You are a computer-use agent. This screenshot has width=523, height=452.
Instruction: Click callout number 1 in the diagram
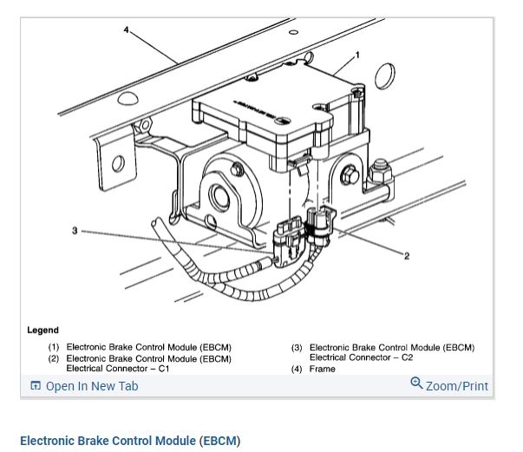click(356, 55)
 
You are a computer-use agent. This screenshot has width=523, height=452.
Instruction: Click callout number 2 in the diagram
click(406, 256)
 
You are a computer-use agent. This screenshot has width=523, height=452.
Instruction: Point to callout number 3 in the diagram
click(75, 231)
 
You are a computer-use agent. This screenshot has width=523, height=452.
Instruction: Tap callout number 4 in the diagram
click(126, 29)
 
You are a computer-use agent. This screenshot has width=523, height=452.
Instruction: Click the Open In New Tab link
click(91, 386)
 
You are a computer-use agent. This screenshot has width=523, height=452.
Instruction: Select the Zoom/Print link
click(456, 386)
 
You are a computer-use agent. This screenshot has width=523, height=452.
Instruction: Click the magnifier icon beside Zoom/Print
click(416, 383)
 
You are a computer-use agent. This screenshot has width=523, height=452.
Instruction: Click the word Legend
click(43, 330)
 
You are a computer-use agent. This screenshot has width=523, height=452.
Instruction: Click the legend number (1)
click(54, 348)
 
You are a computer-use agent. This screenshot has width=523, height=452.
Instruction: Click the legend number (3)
click(297, 348)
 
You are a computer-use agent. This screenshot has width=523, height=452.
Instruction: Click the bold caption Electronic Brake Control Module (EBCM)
click(130, 441)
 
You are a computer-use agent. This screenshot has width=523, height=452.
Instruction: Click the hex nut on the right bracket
click(380, 171)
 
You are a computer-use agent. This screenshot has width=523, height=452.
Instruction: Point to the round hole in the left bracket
click(118, 163)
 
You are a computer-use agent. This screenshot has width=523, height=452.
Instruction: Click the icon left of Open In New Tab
click(36, 386)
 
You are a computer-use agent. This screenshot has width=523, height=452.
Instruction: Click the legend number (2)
click(54, 358)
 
